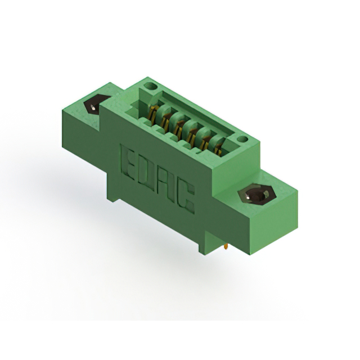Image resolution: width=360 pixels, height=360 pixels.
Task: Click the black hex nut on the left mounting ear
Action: click(94, 106)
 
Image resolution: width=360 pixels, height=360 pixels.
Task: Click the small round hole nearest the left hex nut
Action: click(151, 87)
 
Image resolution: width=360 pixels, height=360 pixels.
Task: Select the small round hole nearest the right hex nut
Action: click(242, 139)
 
